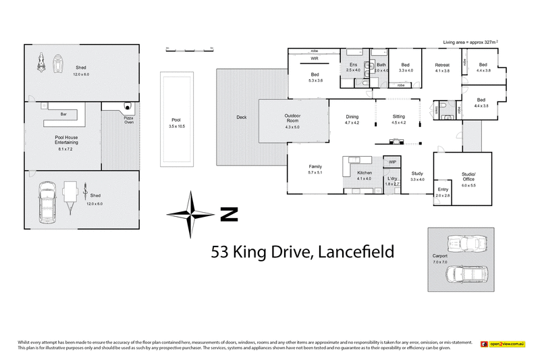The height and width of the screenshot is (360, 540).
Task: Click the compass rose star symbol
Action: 192,214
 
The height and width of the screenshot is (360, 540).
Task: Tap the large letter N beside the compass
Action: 229,215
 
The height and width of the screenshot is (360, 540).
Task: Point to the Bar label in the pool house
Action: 63,115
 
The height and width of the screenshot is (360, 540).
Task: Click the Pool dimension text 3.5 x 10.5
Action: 176,127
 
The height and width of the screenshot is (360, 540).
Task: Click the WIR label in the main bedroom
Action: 315,59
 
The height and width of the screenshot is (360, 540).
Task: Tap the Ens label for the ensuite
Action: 352,65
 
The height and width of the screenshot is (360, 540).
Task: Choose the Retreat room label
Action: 442,65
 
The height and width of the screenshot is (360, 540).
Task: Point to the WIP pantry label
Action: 392,162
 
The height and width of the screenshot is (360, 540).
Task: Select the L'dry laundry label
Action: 392,178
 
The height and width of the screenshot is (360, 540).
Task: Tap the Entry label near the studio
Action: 442,190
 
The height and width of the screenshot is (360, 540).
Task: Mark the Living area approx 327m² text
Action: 470,42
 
